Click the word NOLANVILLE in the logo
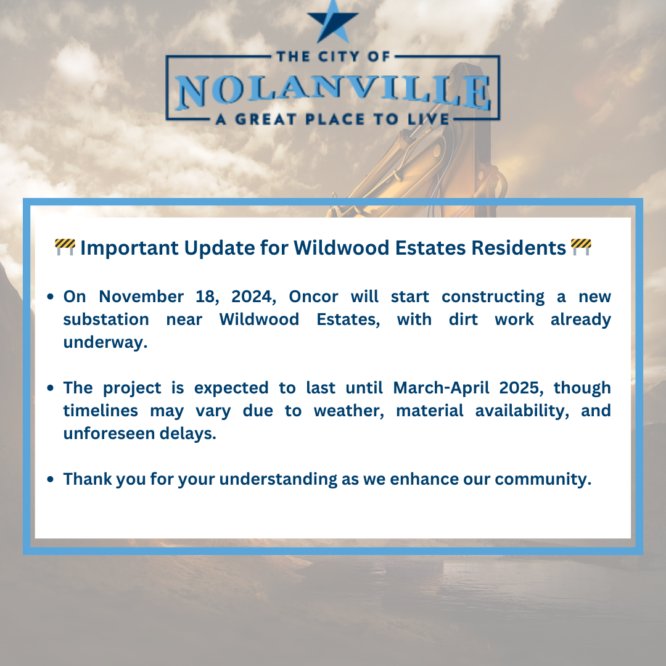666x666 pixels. click(x=333, y=92)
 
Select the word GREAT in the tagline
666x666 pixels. click(x=265, y=120)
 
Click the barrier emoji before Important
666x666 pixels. click(x=65, y=247)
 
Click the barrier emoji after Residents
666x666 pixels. click(x=581, y=247)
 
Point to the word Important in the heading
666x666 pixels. click(x=129, y=248)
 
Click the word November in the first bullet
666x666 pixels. click(x=141, y=297)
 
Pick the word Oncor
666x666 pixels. click(x=313, y=297)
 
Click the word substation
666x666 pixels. click(x=106, y=319)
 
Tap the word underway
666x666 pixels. click(x=105, y=342)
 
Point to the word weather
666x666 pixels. click(x=349, y=411)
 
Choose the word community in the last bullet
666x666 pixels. click(x=543, y=480)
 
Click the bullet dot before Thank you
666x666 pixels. click(x=51, y=479)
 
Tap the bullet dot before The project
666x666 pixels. click(x=51, y=388)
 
